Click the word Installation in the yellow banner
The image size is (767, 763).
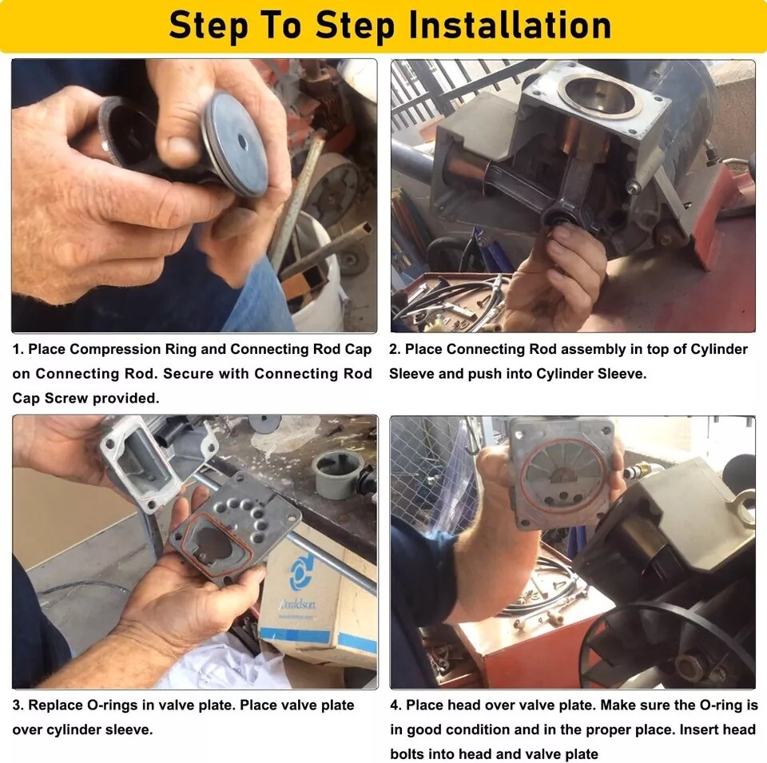click(510, 26)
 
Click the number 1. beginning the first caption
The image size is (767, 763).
click(18, 349)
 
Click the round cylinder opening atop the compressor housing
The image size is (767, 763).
click(600, 97)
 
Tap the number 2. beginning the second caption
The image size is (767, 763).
click(395, 349)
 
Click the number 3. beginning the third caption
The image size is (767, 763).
click(18, 705)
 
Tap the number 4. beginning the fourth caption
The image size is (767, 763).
click(395, 705)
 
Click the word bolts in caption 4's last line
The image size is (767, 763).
click(407, 754)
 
